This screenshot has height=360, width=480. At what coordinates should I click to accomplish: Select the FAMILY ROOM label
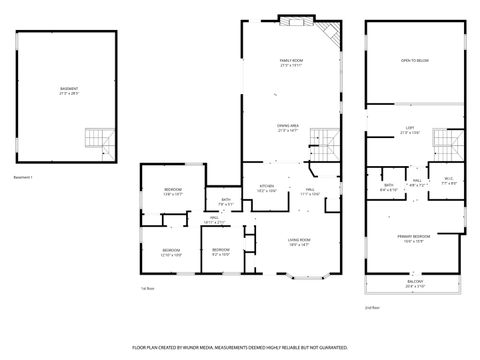290,63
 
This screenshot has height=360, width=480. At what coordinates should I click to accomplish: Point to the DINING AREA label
290,127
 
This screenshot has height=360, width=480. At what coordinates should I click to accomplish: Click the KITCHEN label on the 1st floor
267,187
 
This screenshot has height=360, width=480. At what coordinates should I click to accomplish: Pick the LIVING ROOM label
299,241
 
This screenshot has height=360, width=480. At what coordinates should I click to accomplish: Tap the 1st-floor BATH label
226,202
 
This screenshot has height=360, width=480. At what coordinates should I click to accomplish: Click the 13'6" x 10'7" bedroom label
173,192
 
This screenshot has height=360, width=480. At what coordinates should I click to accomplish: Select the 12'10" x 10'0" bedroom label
171,252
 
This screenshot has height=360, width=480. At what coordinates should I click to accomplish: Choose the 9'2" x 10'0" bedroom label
221,251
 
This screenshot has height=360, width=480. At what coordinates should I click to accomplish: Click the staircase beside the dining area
321,139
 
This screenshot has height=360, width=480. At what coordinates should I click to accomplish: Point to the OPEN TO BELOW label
414,60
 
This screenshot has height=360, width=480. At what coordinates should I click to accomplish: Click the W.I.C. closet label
449,181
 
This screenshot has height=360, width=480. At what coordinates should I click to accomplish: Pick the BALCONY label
414,285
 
